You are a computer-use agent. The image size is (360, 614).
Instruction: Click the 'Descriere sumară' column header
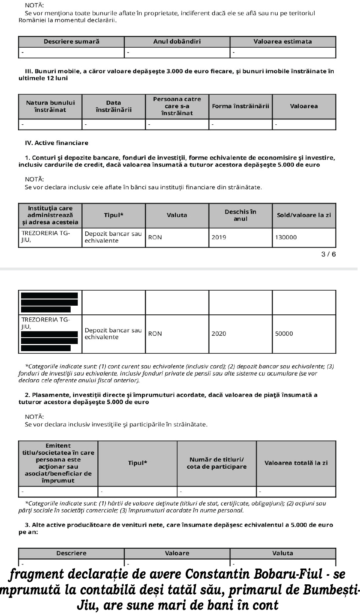71,42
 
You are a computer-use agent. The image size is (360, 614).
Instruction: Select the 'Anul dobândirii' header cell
177,42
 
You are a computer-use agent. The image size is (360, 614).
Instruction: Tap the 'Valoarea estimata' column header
283,42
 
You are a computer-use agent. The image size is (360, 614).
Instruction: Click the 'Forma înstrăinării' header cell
241,106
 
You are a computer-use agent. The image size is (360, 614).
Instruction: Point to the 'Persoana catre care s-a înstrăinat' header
177,106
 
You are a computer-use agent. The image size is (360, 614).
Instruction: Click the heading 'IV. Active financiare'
56,143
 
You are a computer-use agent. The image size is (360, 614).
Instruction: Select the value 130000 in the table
286,237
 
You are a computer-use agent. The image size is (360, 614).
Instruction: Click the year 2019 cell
219,237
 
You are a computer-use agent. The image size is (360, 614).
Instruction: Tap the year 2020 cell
219,333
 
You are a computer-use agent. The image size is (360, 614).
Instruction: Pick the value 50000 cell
284,333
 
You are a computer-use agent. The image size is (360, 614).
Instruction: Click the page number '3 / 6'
328,255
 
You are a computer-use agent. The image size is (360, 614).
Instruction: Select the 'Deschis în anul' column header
241,215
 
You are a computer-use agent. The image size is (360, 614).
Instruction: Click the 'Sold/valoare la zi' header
304,215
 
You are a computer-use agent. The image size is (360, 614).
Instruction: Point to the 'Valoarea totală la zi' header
296,463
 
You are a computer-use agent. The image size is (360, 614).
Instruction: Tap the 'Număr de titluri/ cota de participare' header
217,463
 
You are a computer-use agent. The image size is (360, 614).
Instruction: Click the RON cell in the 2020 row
155,333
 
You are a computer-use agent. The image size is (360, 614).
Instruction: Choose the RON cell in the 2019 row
155,237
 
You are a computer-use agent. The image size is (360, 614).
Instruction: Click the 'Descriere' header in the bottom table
71,553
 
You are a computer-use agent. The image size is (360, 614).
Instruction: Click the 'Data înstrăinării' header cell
113,106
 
